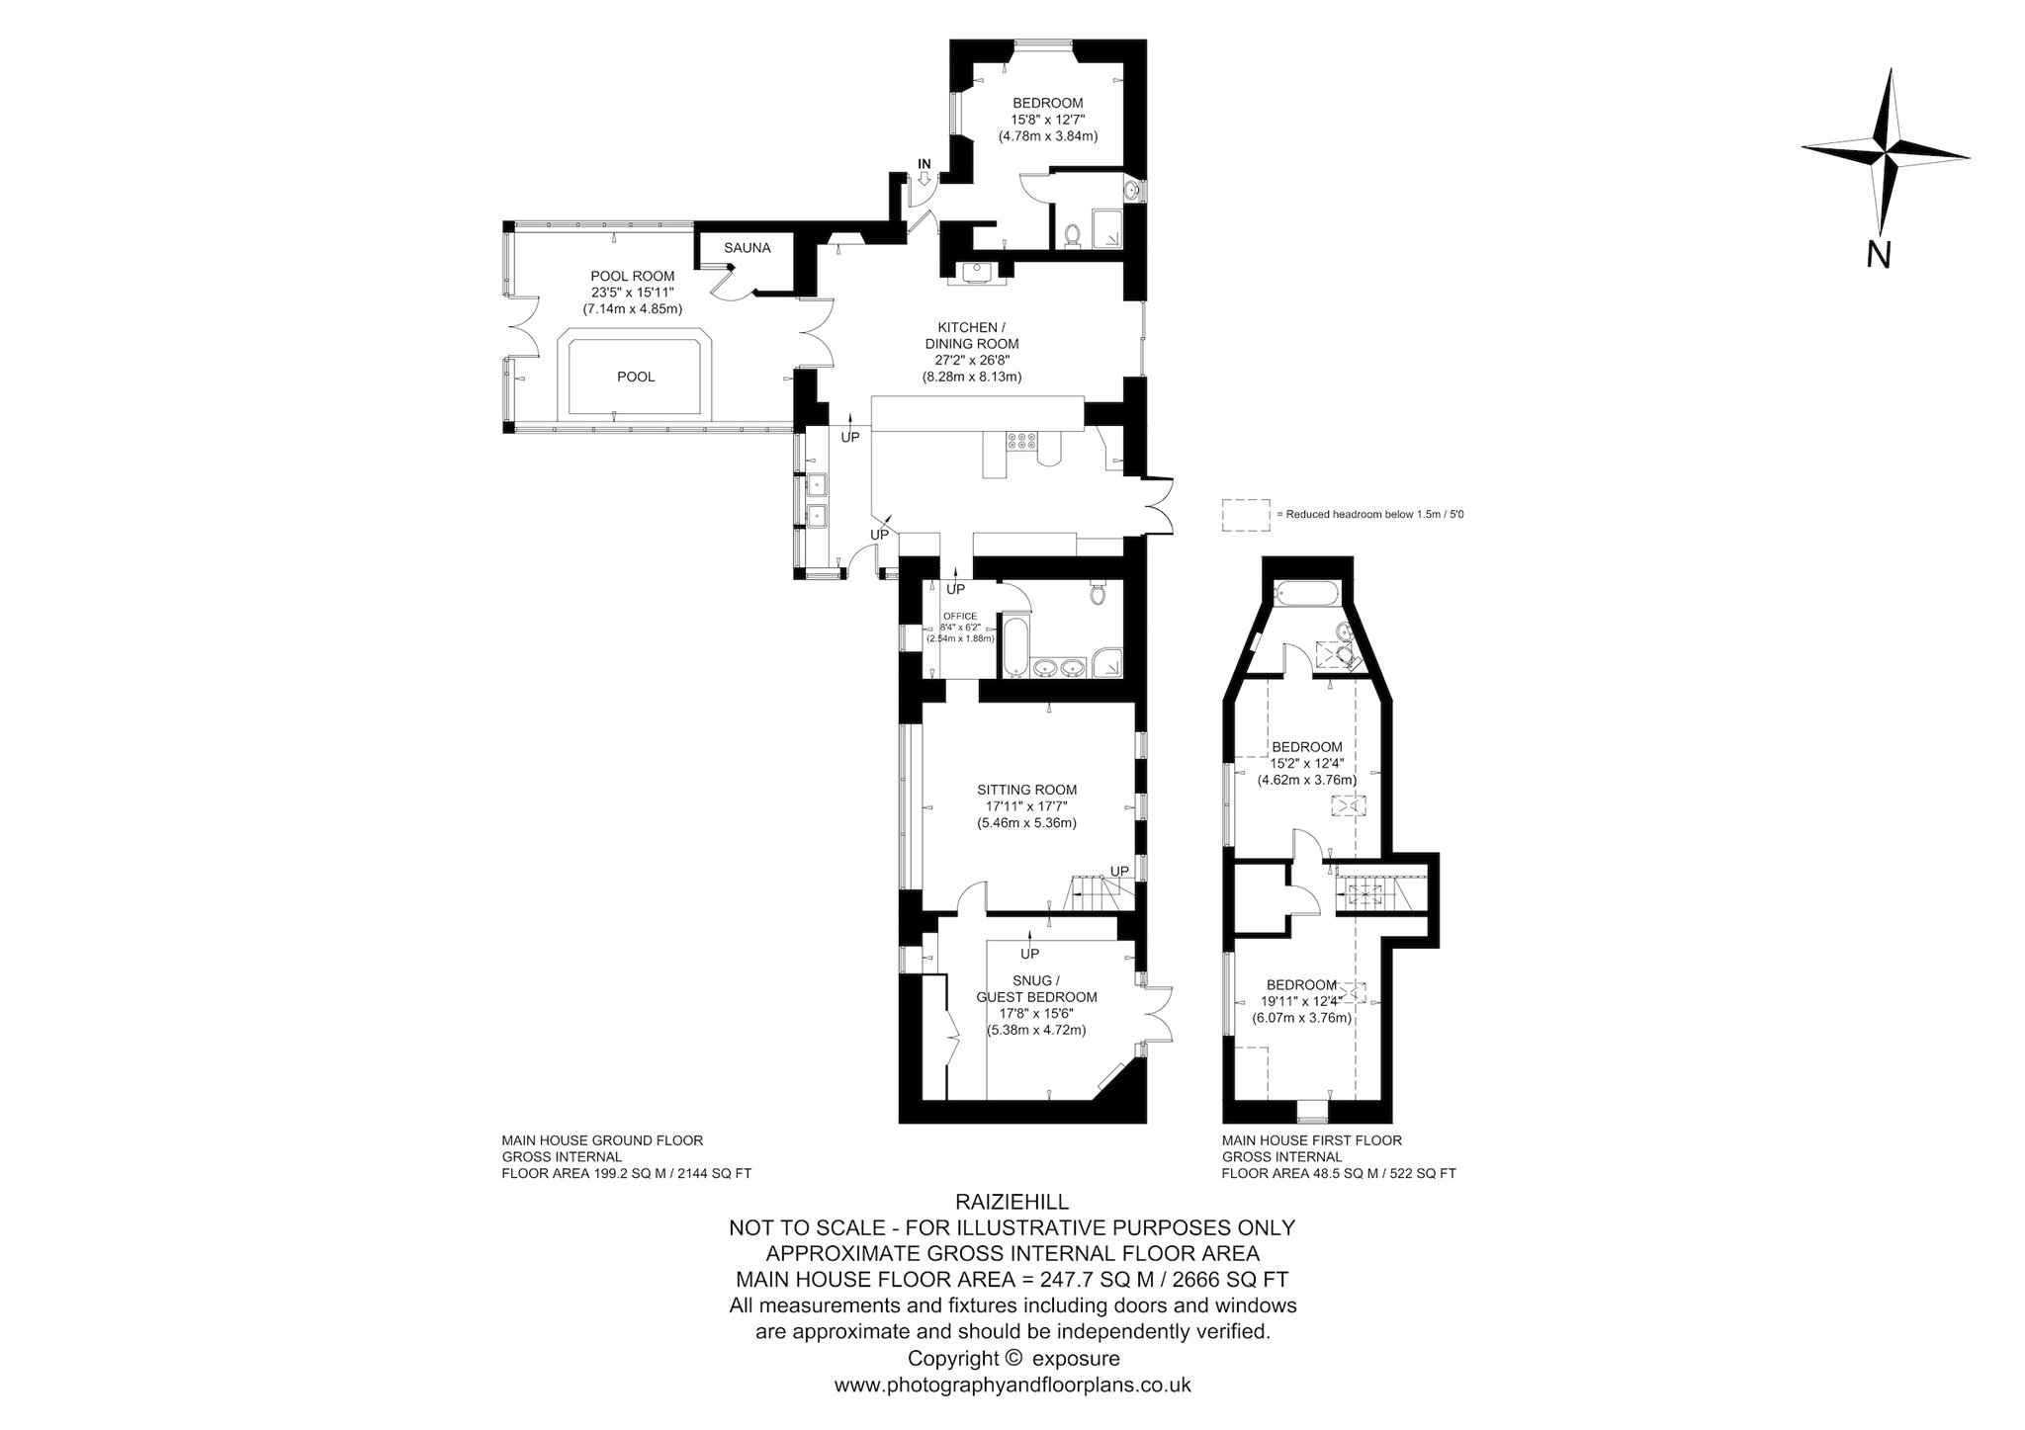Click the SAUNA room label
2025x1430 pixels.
747,248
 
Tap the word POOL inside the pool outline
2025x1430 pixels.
636,377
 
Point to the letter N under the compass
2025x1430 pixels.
1879,255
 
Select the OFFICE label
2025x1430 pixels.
960,617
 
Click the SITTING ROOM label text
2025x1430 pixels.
1026,790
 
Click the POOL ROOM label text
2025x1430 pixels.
633,276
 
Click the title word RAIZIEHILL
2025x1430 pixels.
1012,1201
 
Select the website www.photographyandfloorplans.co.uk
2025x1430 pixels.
1012,1385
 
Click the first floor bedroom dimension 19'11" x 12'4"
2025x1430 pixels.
1302,1002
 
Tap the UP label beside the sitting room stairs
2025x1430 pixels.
1119,871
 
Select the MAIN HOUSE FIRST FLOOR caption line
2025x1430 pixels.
1312,1140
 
